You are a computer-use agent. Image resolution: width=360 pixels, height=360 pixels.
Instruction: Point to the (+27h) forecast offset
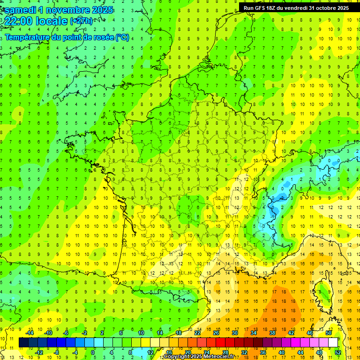pos(81,21)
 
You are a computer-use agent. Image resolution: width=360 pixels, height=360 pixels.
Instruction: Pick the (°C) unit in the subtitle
pos(122,37)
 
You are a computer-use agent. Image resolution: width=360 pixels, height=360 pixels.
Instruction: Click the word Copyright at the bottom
pos(177,357)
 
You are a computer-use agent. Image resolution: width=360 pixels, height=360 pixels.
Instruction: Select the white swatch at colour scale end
pos(333,343)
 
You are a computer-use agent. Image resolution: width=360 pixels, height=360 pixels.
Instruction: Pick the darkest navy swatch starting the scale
pos(23,343)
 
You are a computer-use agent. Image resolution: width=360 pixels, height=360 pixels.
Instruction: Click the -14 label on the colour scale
pos(30,333)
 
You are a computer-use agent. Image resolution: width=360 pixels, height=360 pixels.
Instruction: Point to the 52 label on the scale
pos(337,352)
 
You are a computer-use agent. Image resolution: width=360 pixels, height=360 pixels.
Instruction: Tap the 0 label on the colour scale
pos(93,352)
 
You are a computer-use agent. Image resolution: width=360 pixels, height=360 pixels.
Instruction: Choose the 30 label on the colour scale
pos(234,333)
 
